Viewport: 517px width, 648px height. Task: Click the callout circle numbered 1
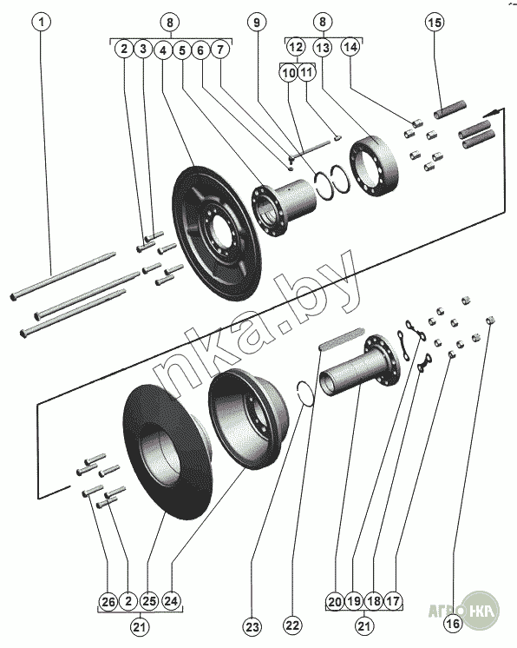[42, 22]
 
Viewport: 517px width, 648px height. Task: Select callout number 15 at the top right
[434, 22]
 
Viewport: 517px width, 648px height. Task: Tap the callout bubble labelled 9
[257, 22]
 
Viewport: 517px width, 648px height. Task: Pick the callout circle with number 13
[323, 48]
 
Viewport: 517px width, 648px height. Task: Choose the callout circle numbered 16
[453, 624]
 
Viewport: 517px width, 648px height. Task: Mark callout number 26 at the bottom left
[108, 602]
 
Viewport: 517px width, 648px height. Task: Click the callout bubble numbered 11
[306, 73]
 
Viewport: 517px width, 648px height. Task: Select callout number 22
[292, 625]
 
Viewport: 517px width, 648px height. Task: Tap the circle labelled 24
[171, 600]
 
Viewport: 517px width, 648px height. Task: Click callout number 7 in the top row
[220, 50]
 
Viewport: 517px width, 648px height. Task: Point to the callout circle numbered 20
[335, 602]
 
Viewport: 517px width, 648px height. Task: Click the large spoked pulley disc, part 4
[214, 234]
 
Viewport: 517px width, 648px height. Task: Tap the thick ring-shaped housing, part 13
[374, 165]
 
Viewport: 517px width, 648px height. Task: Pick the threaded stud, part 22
[342, 339]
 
